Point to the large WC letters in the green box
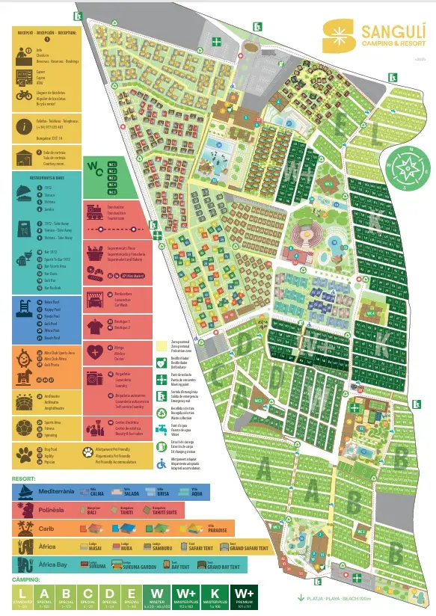tap(95, 167)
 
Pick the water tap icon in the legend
tap(162, 428)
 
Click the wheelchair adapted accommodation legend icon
tap(162, 463)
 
